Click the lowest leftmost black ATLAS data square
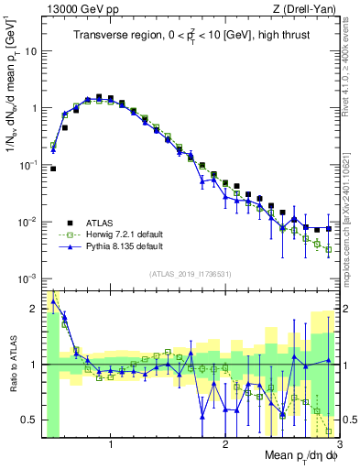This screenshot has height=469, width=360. pos(53,169)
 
